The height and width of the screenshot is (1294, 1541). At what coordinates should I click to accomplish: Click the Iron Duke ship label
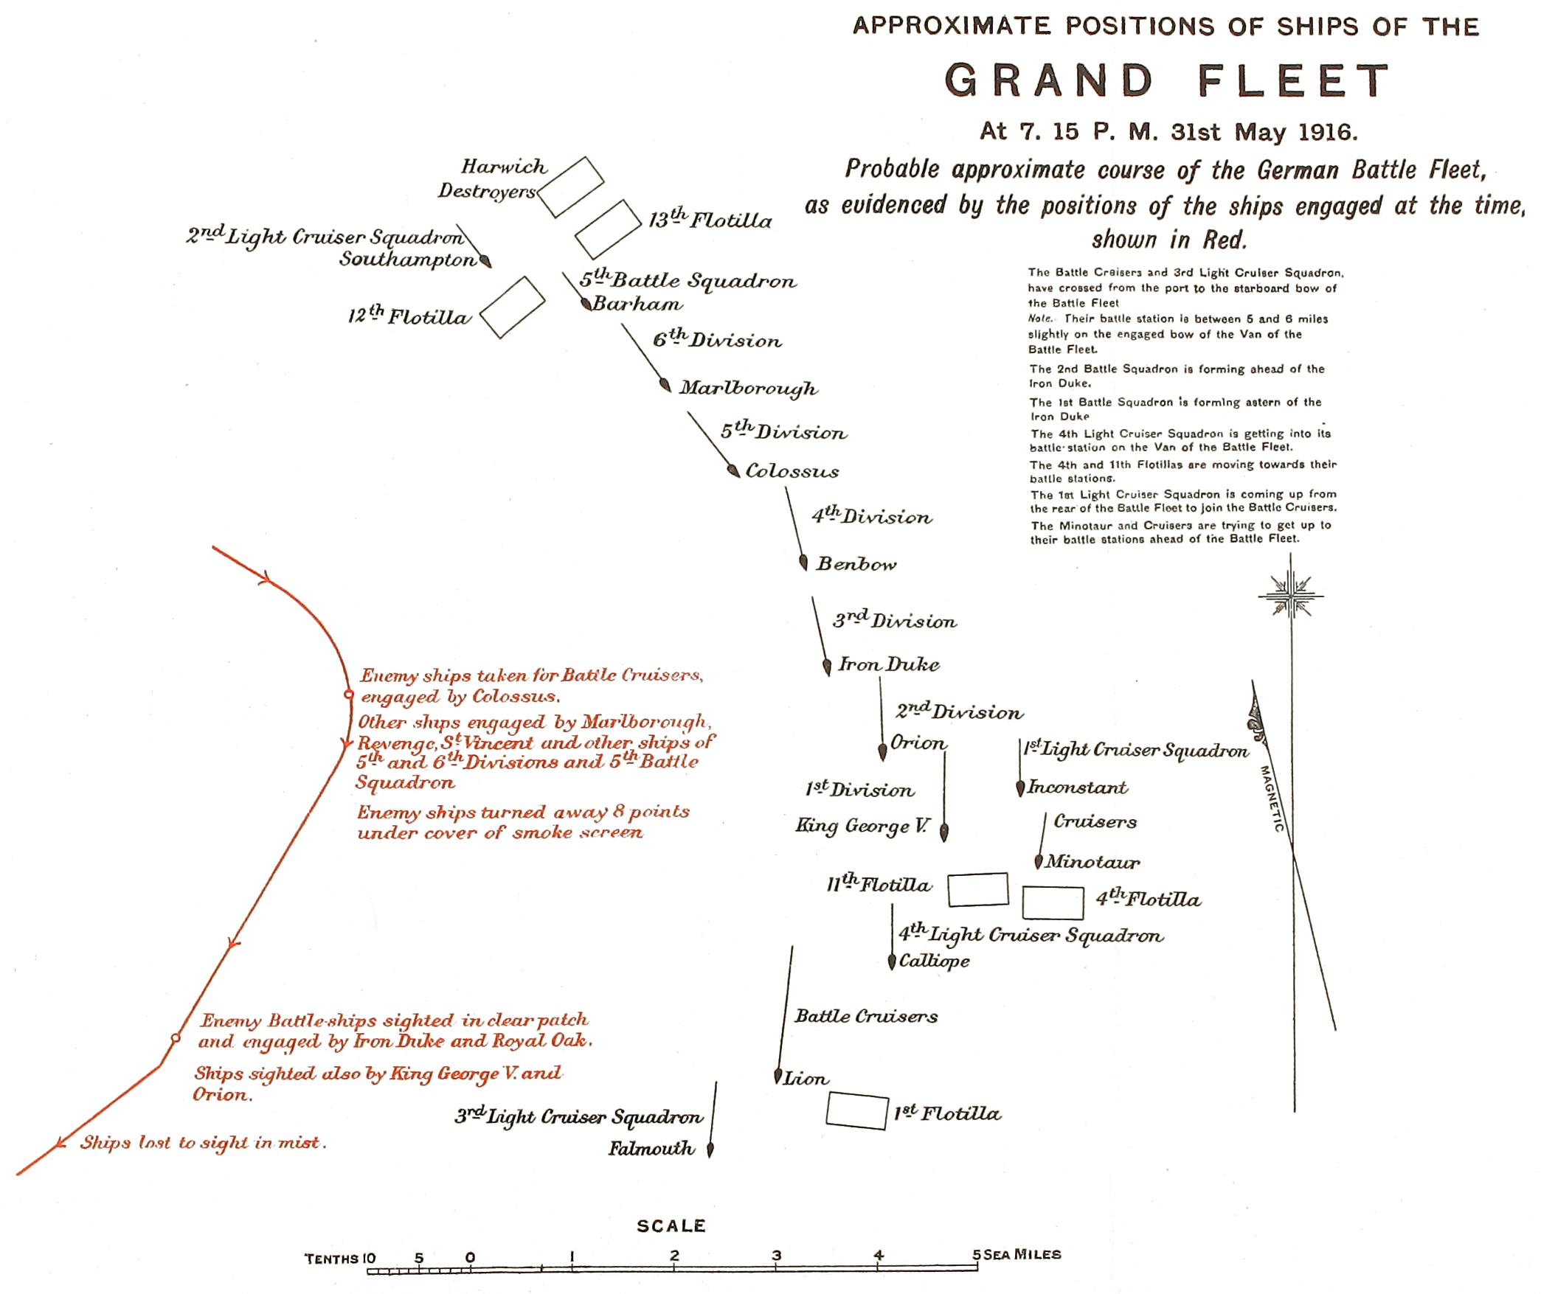[x=889, y=664]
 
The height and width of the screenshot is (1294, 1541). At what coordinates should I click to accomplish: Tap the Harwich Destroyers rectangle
[x=571, y=187]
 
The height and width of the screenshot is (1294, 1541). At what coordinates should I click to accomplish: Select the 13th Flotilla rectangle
[x=608, y=229]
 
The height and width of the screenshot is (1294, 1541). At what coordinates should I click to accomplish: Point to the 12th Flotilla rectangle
[x=512, y=307]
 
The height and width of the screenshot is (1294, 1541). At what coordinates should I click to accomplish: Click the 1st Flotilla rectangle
[x=856, y=1111]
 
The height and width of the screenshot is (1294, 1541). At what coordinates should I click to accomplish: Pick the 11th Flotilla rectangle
[x=977, y=889]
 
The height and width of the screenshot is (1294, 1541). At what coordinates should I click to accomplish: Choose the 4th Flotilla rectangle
[x=1053, y=902]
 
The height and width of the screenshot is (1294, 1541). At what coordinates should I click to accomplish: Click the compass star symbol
[x=1290, y=595]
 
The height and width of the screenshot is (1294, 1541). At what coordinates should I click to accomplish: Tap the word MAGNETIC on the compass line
[x=1272, y=799]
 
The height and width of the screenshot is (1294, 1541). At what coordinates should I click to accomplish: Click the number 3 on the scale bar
[x=776, y=1255]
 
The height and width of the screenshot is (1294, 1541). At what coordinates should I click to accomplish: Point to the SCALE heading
[x=671, y=1225]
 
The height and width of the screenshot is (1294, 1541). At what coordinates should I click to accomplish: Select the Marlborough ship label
[x=748, y=388]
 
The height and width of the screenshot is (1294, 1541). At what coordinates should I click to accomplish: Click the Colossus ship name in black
[x=792, y=471]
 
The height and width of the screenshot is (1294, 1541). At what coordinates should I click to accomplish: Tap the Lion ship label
[x=806, y=1079]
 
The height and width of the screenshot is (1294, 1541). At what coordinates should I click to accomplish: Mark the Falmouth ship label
[x=651, y=1148]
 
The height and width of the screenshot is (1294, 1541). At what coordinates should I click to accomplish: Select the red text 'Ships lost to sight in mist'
[x=203, y=1142]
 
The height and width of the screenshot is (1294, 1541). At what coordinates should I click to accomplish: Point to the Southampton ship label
[x=408, y=260]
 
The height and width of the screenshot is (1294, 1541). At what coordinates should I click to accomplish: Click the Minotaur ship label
[x=1092, y=861]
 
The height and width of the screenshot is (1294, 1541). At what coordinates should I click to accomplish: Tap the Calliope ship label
[x=934, y=961]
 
